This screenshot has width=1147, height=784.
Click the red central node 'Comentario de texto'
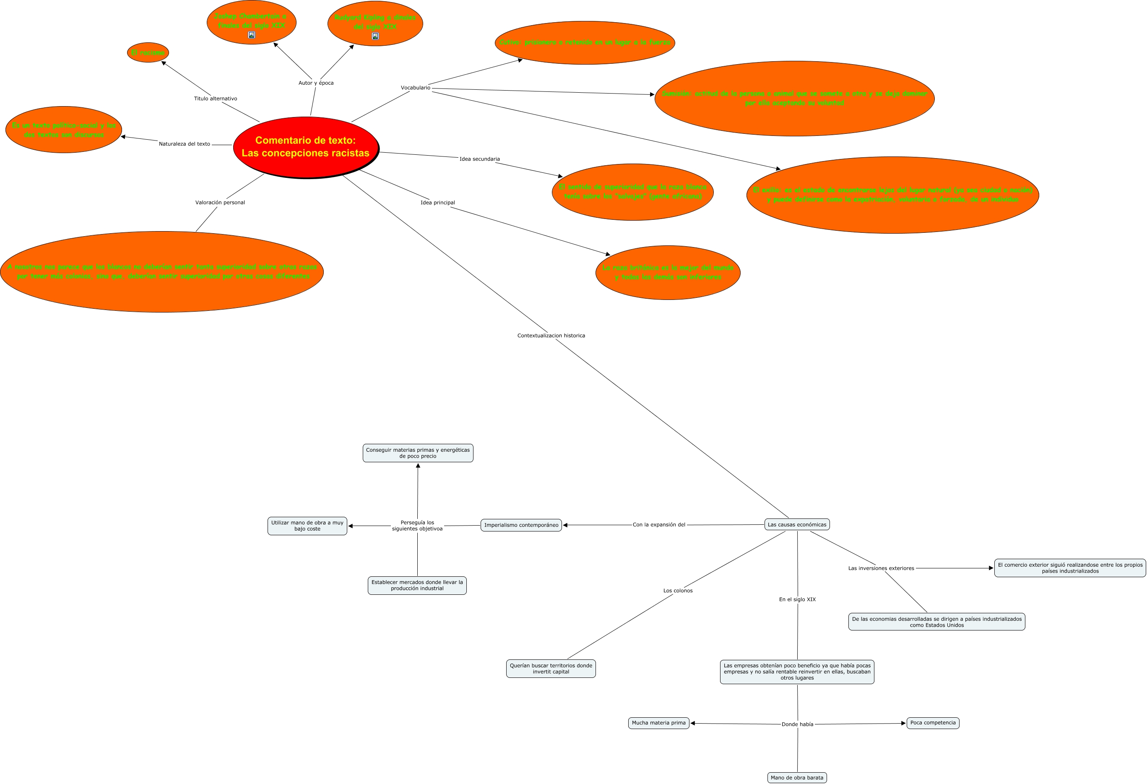tap(305, 147)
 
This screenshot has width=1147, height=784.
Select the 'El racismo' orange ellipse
tap(148, 52)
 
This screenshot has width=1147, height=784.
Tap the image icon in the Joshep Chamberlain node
tap(252, 35)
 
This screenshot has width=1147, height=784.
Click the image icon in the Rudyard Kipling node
tap(375, 36)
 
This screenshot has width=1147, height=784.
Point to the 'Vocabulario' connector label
tap(416, 88)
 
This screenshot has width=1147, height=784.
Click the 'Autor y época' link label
tap(316, 83)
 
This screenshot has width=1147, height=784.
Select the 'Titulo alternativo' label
tap(215, 99)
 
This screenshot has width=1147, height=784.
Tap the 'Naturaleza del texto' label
tap(184, 144)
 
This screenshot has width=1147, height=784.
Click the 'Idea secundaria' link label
tap(480, 159)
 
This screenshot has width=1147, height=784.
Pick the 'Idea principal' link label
tap(438, 203)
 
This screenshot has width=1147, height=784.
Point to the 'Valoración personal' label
tap(220, 203)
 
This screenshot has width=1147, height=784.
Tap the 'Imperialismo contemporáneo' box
tap(521, 525)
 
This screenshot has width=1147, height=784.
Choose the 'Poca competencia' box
tap(933, 723)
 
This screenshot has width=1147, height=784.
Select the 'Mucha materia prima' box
tap(659, 723)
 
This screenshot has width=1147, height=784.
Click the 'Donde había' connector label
tap(798, 725)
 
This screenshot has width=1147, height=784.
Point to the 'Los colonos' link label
tap(678, 591)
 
